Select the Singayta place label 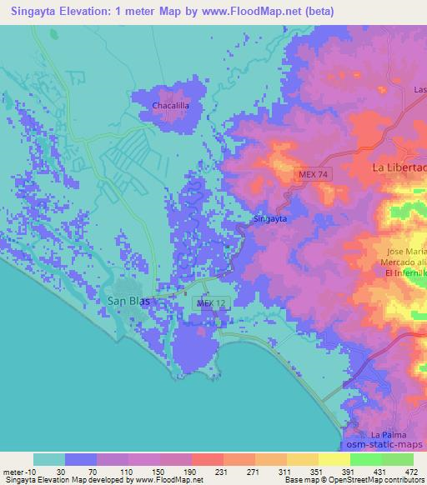pos(270,220)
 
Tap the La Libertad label pos(399,168)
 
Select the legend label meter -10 pos(15,472)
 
